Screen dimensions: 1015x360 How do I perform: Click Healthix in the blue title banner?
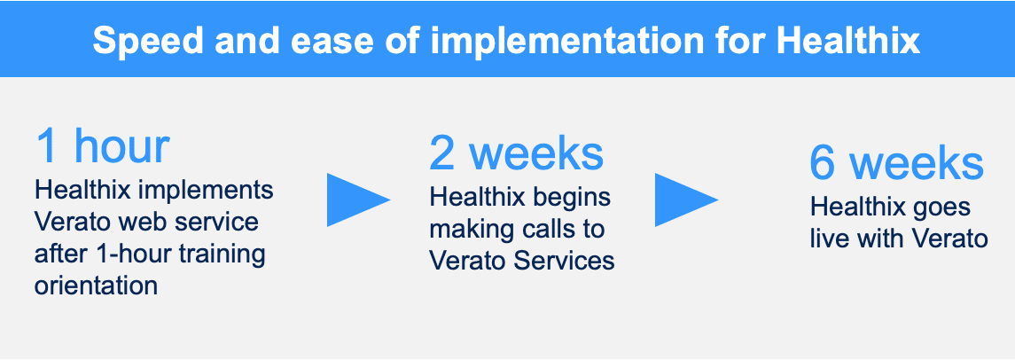[848, 40]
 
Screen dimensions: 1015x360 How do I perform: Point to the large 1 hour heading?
[102, 145]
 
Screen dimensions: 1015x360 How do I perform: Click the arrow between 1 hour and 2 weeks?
[359, 200]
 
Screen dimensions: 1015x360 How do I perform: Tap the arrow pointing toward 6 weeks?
[687, 200]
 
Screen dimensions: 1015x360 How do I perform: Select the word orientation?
[97, 285]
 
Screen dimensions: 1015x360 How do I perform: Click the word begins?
[570, 198]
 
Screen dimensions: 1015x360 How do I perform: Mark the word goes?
[941, 208]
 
